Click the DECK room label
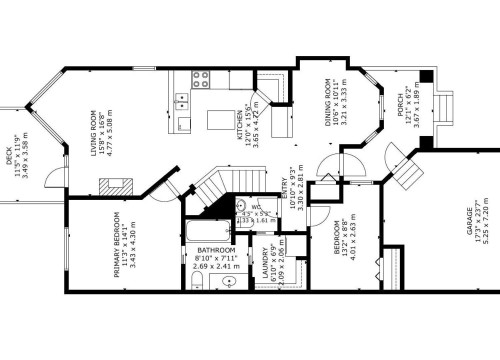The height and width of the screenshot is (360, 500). [x=9, y=155]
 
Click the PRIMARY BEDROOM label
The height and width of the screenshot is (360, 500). [x=117, y=244]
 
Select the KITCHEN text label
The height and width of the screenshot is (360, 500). [x=241, y=126]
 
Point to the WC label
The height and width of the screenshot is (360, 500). [x=256, y=205]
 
